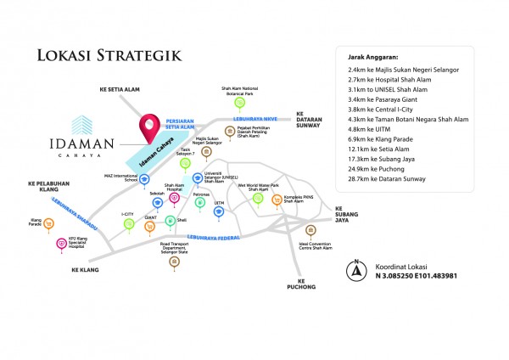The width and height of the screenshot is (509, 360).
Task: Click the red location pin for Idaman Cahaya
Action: (x=150, y=127)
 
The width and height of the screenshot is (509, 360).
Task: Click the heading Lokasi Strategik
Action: (x=108, y=55)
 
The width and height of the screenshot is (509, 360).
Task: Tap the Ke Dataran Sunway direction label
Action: (x=311, y=119)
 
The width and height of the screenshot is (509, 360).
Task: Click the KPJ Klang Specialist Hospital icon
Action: (x=61, y=244)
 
